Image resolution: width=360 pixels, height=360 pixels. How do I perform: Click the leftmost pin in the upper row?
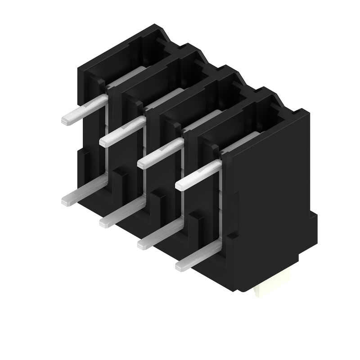point(83,110)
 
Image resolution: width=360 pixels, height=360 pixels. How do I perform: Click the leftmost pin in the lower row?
point(83,193)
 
